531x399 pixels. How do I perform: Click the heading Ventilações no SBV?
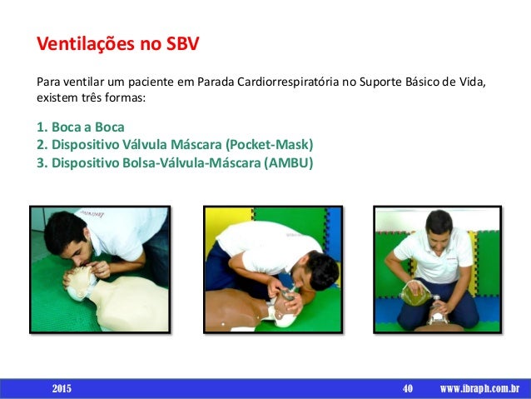click(117, 42)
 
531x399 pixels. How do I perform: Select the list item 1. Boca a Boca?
click(81, 127)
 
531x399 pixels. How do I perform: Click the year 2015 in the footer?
click(62, 388)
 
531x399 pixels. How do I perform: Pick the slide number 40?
click(408, 388)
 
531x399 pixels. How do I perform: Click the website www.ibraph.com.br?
click(479, 388)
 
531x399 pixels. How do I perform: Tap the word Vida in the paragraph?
click(469, 83)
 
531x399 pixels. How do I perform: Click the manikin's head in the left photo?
click(81, 282)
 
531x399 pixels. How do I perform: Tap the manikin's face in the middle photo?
click(287, 303)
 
